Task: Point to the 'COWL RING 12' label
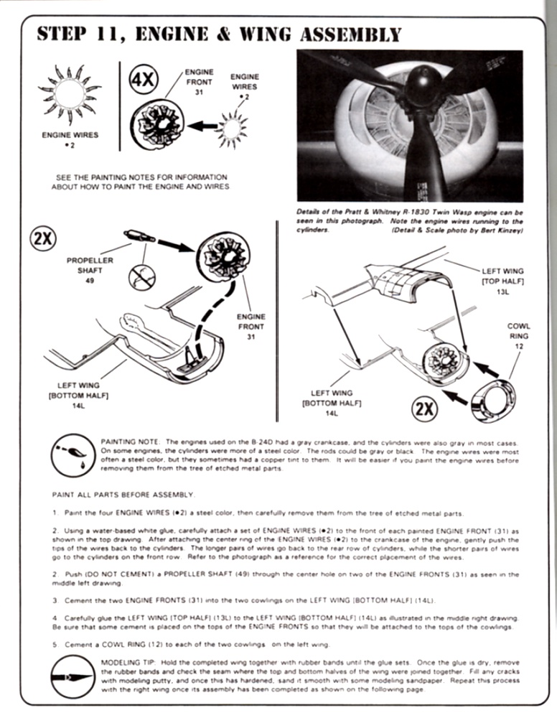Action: pos(518,336)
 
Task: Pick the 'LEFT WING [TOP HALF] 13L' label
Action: pos(502,281)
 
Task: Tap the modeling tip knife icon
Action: pos(71,676)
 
